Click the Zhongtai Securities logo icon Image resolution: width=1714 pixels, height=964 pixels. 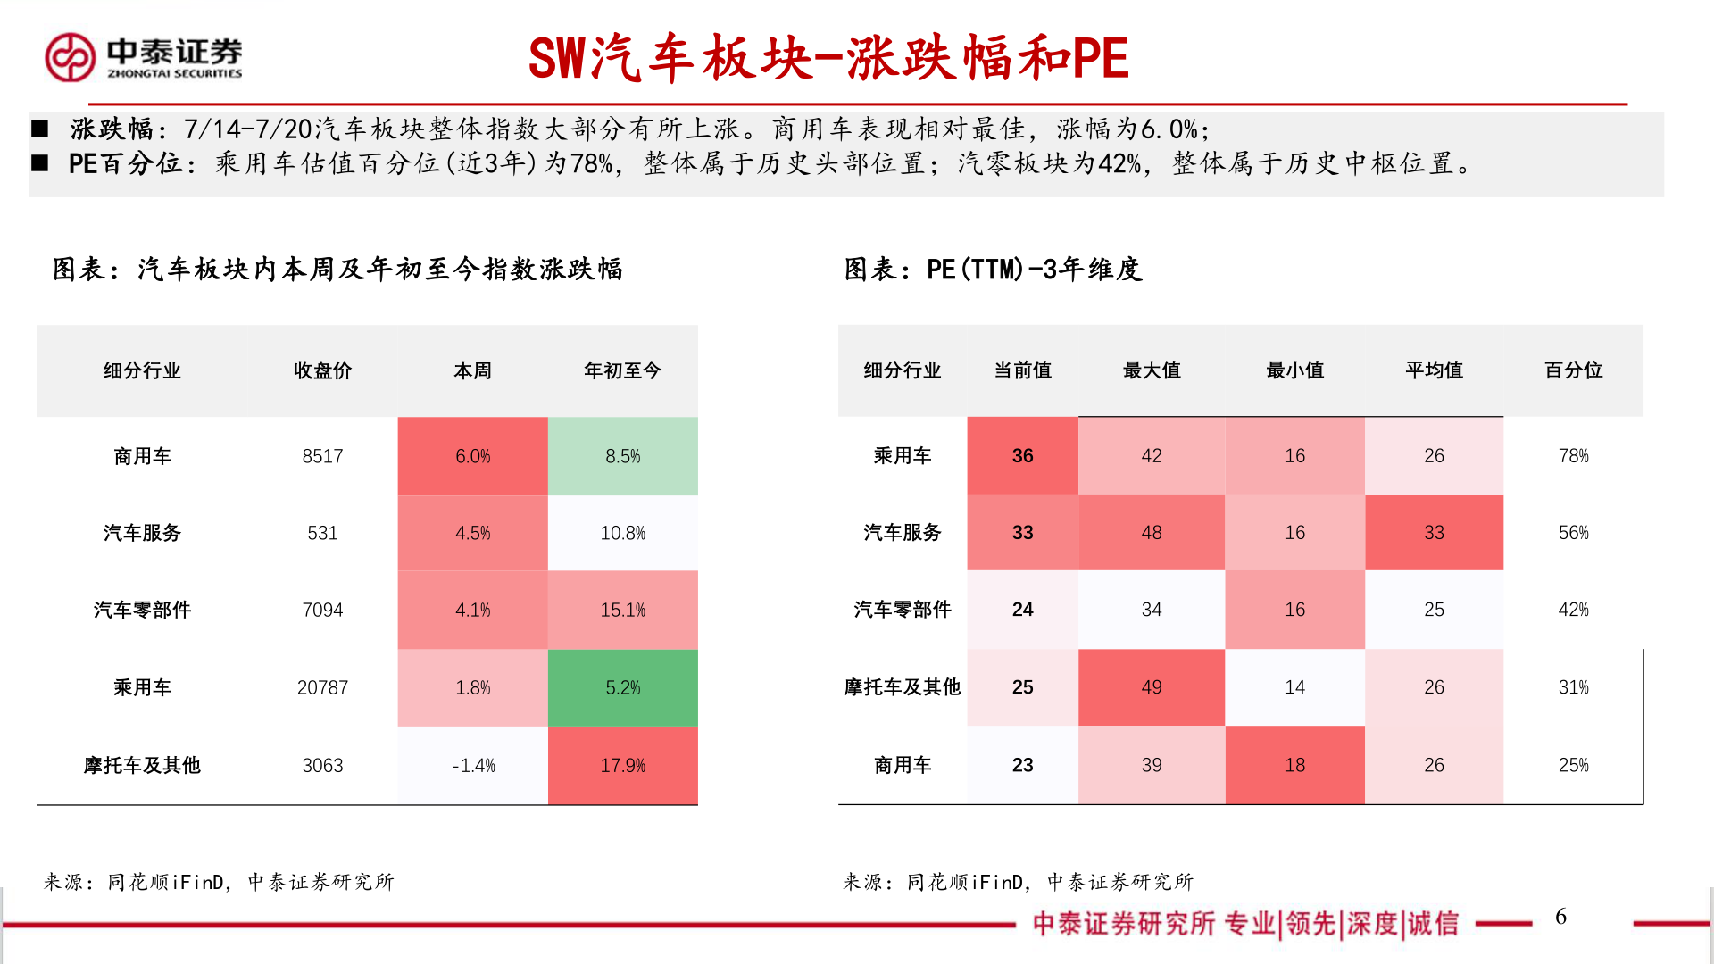pos(70,58)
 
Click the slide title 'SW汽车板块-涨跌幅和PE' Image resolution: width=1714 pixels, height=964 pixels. pos(828,59)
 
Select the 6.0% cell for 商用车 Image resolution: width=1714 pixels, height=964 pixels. pos(472,456)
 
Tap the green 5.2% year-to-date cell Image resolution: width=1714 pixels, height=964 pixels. pos(622,687)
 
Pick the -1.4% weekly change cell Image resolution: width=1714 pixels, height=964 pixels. pos(472,765)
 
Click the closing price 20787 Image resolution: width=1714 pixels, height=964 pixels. pos(322,687)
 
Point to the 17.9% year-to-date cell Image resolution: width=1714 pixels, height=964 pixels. pos(622,765)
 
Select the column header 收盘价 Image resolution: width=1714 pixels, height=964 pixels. pos(322,370)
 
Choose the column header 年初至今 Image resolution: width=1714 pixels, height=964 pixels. pos(622,370)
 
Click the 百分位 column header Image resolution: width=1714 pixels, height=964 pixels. pos(1573,370)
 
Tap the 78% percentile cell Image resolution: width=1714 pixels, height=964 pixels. pos(1573,456)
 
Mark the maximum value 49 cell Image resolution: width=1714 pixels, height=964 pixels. pos(1151,687)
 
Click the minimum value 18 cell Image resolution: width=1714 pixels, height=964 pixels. pos(1294,765)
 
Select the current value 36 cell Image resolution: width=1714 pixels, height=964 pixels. pos(1022,456)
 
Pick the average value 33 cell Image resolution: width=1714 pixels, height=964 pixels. pos(1434,533)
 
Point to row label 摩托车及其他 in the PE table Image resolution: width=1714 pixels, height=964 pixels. pos(902,687)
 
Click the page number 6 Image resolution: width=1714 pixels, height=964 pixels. pos(1560,917)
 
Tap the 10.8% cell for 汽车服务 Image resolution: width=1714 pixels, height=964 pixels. pos(622,533)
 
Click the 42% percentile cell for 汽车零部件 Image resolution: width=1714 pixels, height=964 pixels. pos(1573,610)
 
